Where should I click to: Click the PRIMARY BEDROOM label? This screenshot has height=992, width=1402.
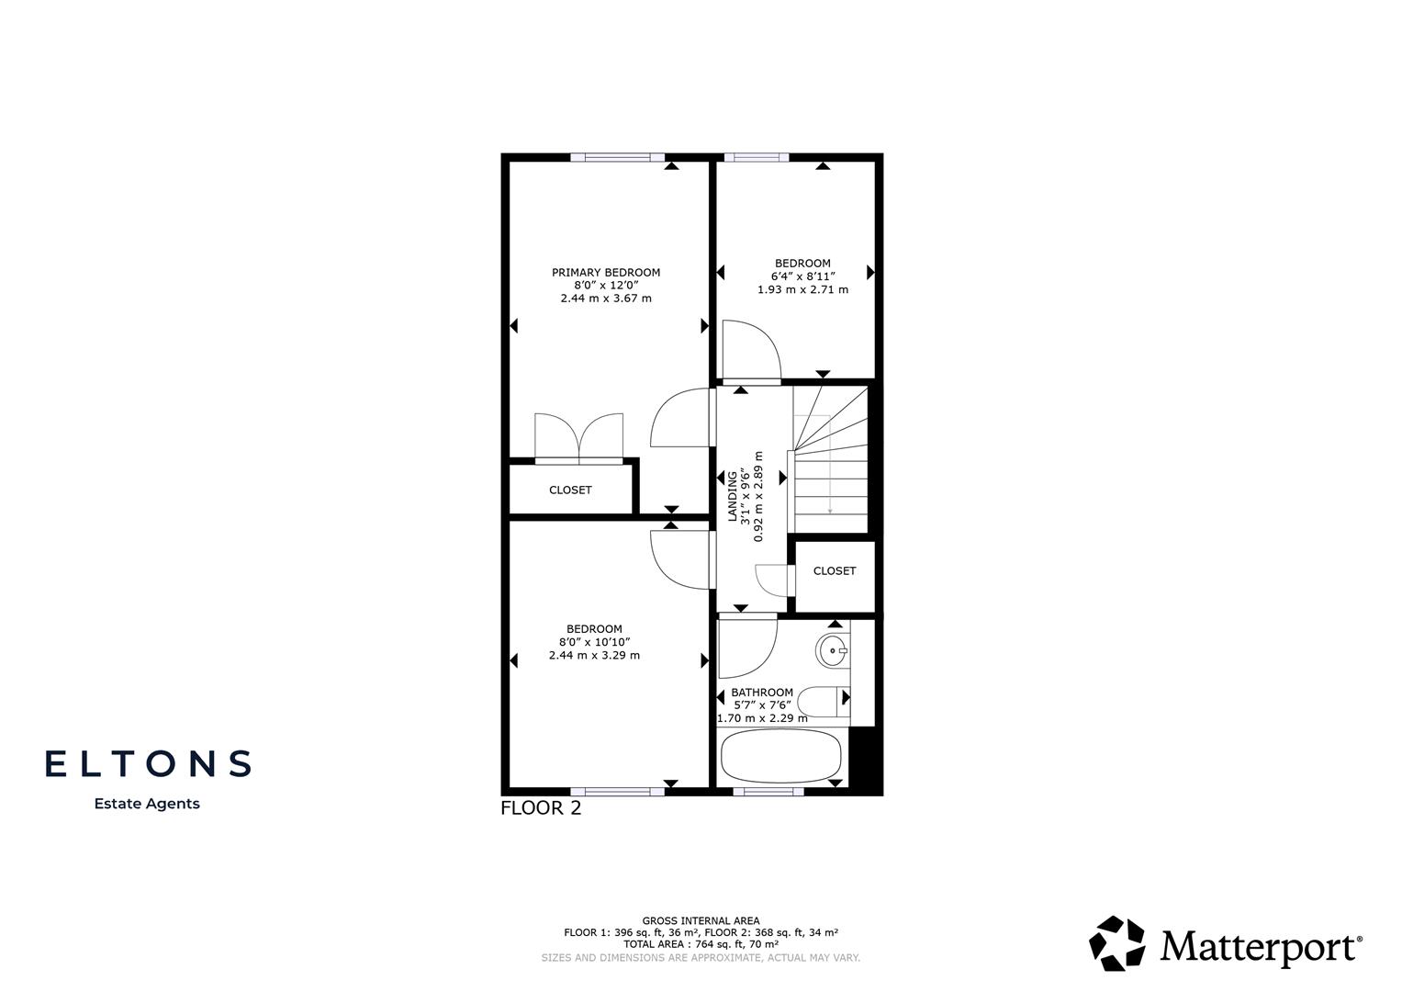(x=606, y=273)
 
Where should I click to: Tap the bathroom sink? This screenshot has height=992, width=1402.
(x=833, y=651)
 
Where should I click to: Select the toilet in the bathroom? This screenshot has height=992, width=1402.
(x=824, y=702)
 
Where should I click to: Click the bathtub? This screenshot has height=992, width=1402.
(x=780, y=757)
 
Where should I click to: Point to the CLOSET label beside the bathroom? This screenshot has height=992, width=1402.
(x=834, y=571)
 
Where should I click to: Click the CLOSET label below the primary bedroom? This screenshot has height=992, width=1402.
(x=570, y=490)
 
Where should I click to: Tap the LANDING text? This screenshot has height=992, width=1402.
(x=733, y=496)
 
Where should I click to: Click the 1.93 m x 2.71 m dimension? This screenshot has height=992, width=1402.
(x=802, y=290)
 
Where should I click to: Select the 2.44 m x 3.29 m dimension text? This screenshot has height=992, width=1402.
(x=594, y=656)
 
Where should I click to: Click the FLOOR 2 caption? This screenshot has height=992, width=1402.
(x=540, y=809)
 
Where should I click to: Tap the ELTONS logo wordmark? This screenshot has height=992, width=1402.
(x=148, y=763)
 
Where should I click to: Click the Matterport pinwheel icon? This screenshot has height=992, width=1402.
(x=1117, y=943)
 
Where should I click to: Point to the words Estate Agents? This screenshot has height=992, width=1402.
(x=147, y=804)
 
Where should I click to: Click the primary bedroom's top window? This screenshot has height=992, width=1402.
(x=617, y=157)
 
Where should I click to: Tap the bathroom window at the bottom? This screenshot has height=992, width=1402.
(x=768, y=791)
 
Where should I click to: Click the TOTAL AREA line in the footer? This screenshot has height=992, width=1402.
(x=701, y=944)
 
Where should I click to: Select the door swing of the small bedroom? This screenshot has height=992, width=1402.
(x=751, y=349)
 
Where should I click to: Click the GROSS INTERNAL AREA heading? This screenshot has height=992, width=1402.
(x=701, y=920)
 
